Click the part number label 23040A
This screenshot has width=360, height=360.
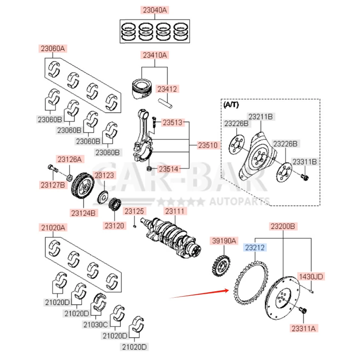[x=154, y=10]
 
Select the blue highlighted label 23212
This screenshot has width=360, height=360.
[x=255, y=247]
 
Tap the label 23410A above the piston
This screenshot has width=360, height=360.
[x=154, y=55]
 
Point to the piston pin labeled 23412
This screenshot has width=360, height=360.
[x=165, y=102]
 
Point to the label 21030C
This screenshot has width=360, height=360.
[x=96, y=324]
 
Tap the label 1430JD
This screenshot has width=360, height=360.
[x=310, y=277]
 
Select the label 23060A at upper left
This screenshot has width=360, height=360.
[x=53, y=48]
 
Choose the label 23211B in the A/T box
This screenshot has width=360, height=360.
[x=260, y=117]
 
